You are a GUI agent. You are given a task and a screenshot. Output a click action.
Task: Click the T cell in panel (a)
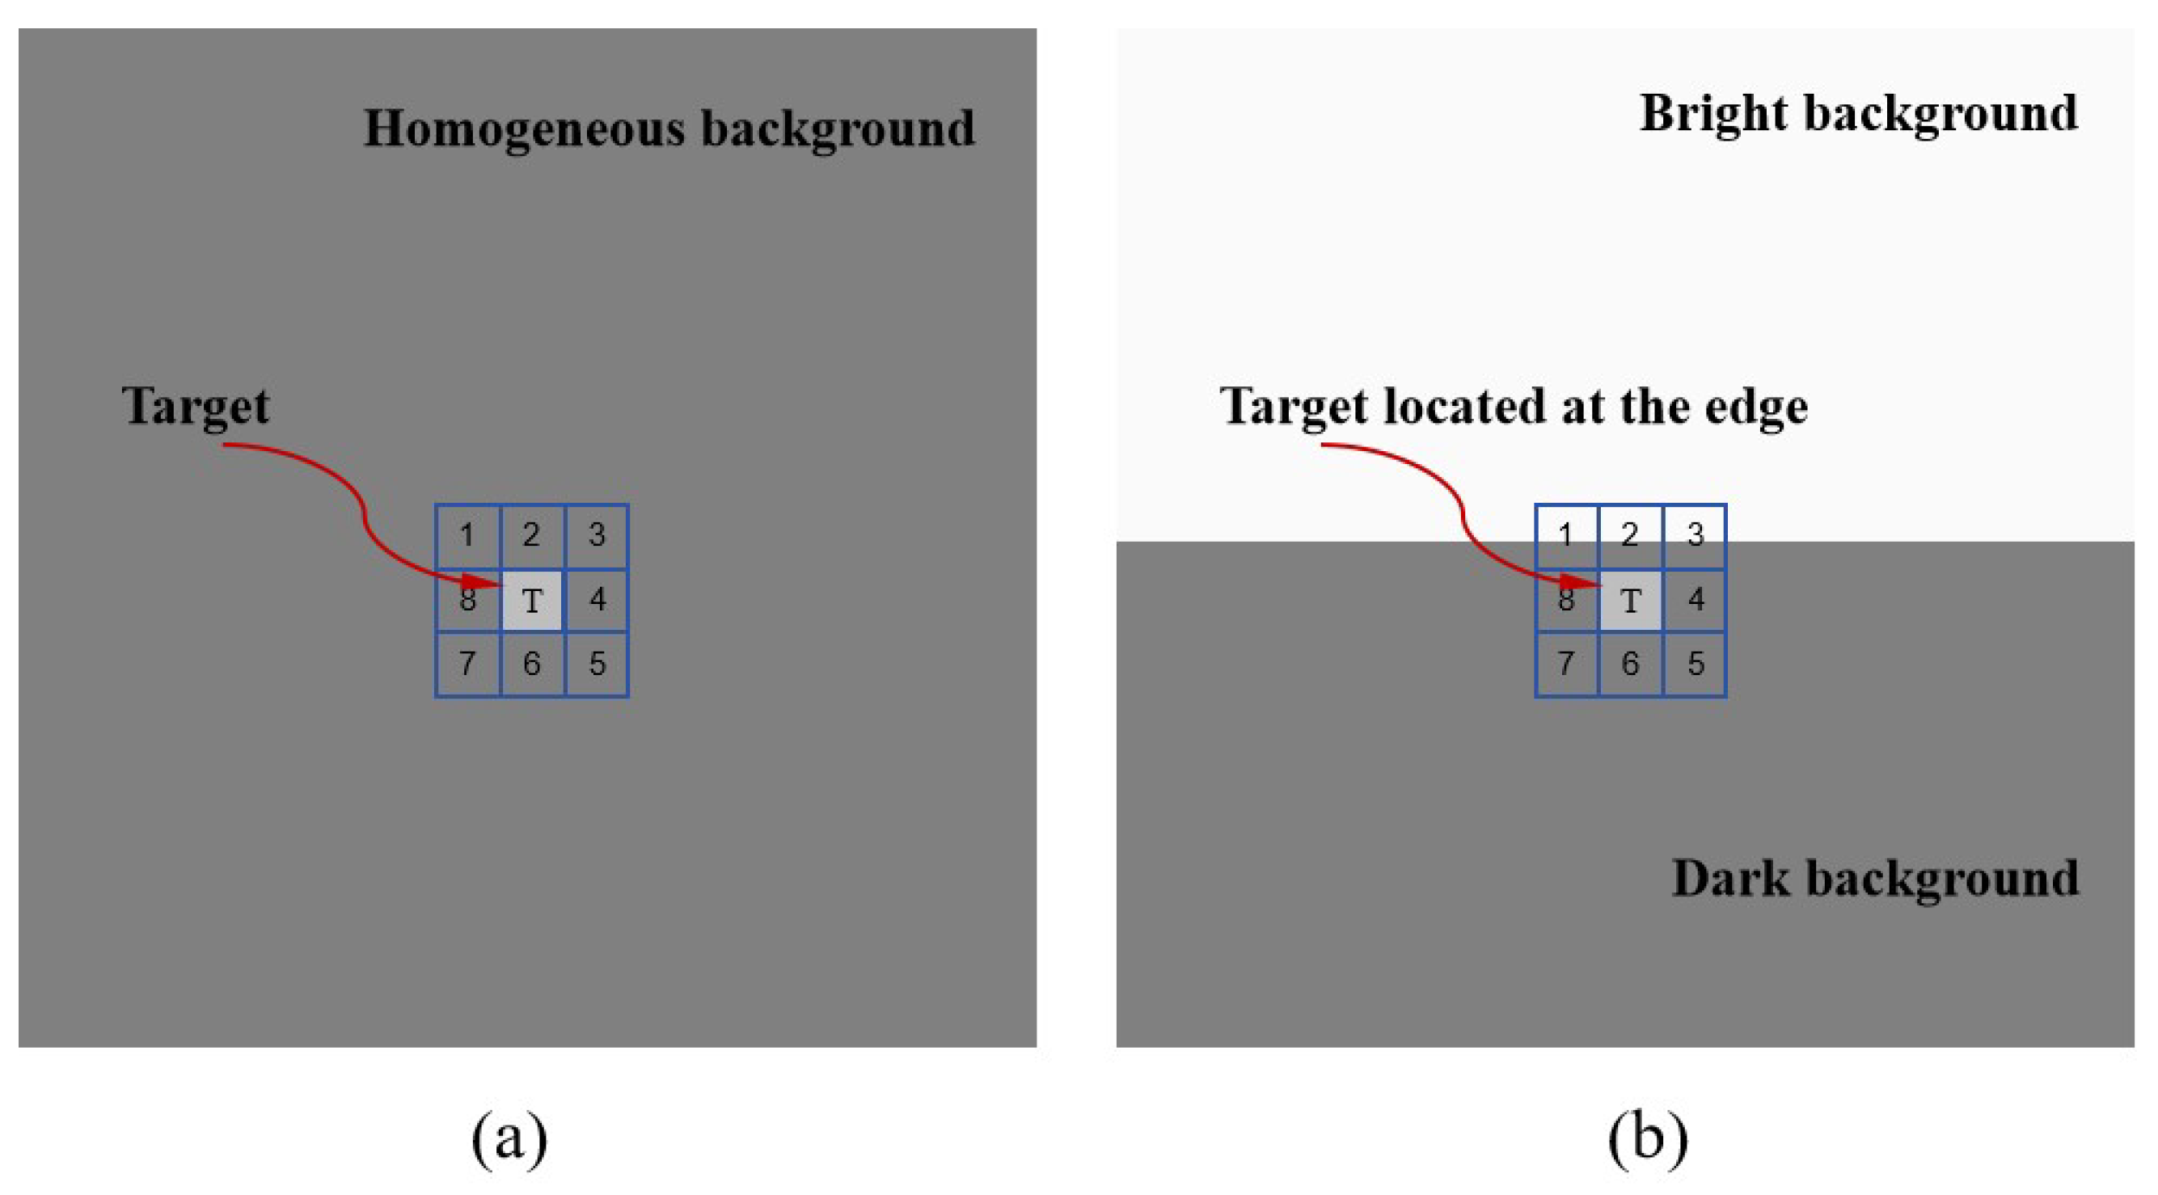tap(532, 600)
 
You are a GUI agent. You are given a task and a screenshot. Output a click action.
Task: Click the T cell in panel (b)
tap(1630, 600)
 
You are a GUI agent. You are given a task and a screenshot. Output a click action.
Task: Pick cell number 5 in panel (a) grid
tap(598, 665)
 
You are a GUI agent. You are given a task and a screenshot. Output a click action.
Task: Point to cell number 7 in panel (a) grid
tap(467, 665)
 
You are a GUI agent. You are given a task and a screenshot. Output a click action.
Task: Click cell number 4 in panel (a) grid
tap(598, 600)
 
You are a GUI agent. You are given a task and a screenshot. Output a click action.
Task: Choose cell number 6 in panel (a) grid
tap(532, 665)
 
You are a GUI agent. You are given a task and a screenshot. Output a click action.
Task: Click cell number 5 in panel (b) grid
tap(1696, 665)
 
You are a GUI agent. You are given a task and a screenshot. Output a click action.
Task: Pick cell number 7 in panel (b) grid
tap(1565, 665)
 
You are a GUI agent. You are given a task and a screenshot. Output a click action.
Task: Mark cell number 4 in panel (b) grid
tap(1696, 600)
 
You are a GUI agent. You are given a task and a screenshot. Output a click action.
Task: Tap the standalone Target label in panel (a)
tap(195, 407)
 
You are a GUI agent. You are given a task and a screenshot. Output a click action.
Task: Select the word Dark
tap(1731, 879)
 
